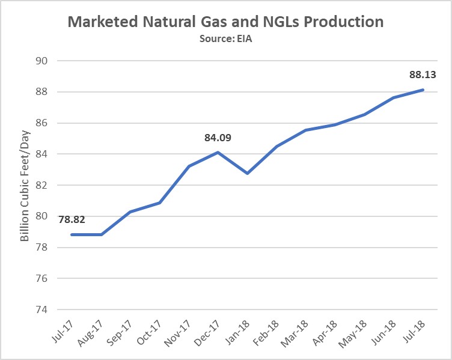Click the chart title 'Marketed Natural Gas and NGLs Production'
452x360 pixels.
point(225,22)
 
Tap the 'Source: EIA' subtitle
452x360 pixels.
point(225,38)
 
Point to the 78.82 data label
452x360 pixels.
point(72,219)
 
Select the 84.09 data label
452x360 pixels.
point(218,138)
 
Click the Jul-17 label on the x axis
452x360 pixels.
point(62,334)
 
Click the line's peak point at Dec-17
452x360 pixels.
point(218,152)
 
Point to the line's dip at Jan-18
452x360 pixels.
point(247,173)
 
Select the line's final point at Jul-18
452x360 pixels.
point(423,90)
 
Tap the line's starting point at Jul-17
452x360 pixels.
point(72,234)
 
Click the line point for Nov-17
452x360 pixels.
point(189,166)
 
